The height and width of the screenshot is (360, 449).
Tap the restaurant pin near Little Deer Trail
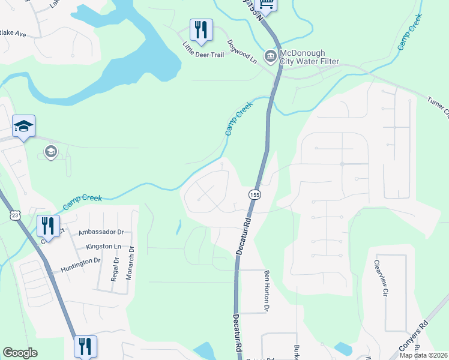[200, 30]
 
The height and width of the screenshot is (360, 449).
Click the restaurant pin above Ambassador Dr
[47, 226]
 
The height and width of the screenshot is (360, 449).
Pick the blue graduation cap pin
[23, 126]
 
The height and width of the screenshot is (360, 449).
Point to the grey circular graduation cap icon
[51, 151]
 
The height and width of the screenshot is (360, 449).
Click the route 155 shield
[255, 194]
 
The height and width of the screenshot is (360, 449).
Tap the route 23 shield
[14, 215]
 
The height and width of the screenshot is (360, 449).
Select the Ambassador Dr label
[101, 232]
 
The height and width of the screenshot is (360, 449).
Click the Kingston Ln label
[103, 247]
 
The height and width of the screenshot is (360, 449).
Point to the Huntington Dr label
[80, 262]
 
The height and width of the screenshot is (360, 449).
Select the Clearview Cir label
[378, 278]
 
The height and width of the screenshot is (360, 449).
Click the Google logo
[20, 353]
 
